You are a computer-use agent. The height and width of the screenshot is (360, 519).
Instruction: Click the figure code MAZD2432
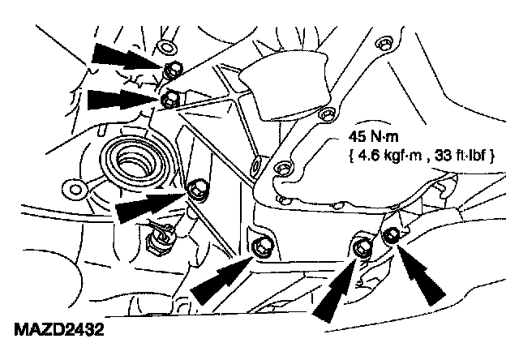pos(58,331)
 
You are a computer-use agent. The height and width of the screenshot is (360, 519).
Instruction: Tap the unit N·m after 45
pos(388,139)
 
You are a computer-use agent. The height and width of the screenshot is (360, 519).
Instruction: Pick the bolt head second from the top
pos(169,100)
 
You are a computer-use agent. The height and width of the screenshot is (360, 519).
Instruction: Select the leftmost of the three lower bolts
pos(260,246)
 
